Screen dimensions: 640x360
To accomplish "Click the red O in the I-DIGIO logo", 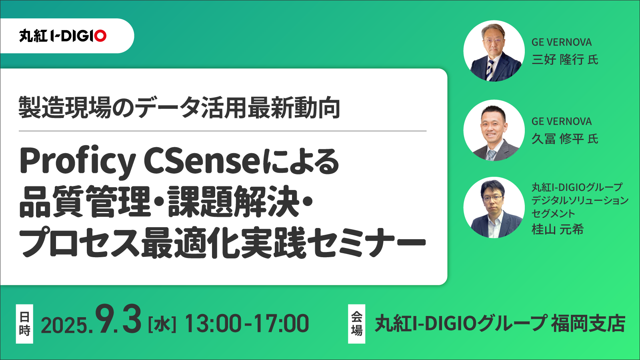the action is [x=100, y=36].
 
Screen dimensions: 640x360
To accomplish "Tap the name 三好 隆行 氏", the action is [x=564, y=60].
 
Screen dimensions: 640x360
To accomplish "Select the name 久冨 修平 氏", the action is [x=564, y=139].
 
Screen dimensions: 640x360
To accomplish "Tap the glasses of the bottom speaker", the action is [x=492, y=198].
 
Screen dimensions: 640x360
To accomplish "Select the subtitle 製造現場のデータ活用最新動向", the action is [x=180, y=108].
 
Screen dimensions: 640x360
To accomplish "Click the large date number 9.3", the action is [x=118, y=319].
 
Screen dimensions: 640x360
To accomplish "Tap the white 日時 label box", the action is [x=24, y=324].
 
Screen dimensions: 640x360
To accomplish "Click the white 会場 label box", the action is [x=356, y=324].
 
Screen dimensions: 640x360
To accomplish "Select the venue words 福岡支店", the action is [x=588, y=324].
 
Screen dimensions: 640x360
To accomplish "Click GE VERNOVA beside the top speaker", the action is [x=562, y=42].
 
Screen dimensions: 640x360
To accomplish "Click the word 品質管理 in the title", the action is [x=84, y=202].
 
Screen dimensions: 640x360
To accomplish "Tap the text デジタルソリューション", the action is [x=580, y=200].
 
